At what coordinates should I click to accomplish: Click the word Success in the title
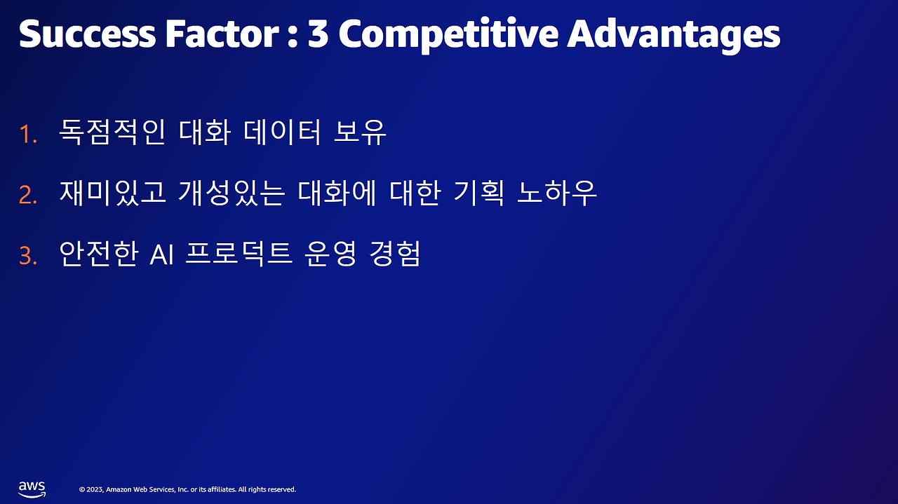(86, 34)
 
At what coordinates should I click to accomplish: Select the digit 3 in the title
(318, 34)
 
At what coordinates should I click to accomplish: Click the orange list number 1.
(28, 134)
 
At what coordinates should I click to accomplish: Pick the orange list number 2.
(28, 195)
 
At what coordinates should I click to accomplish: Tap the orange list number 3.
(28, 256)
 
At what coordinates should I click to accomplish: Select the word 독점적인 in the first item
(112, 132)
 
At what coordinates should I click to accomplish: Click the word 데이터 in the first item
(281, 132)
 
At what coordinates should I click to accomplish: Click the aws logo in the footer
(32, 488)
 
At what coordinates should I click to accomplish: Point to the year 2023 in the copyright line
(95, 489)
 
